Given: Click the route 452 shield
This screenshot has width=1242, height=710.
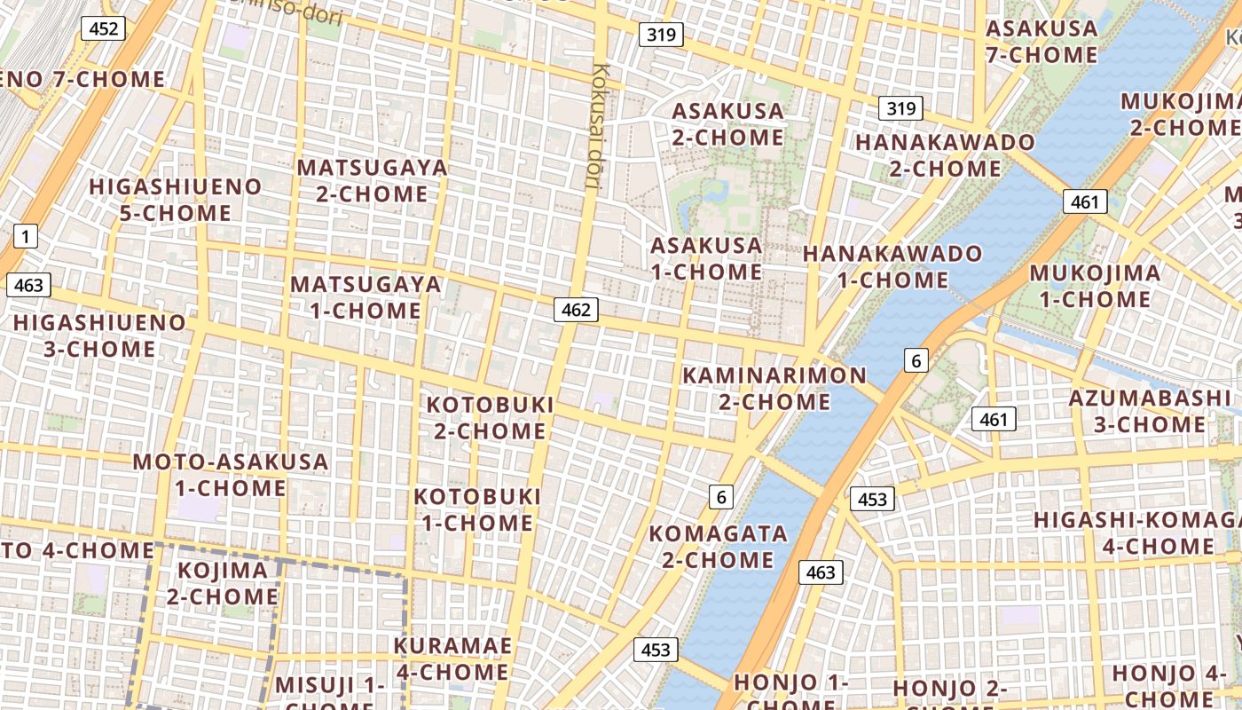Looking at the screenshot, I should click(103, 28).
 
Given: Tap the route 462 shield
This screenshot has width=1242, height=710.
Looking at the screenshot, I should click(576, 310).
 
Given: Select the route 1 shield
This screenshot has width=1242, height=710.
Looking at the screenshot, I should click(26, 236).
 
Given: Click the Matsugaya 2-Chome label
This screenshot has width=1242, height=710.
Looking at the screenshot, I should click(372, 180).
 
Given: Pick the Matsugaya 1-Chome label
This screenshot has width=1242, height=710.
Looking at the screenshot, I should click(366, 297).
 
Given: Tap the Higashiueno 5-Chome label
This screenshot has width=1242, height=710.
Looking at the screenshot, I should click(176, 200).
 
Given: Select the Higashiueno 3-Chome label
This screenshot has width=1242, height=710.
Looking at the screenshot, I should click(99, 335).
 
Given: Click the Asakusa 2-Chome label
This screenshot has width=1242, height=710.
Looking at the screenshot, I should click(728, 124).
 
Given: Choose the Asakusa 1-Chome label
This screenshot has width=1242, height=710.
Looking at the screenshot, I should click(706, 258).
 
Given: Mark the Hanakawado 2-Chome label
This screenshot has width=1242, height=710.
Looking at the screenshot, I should click(945, 154).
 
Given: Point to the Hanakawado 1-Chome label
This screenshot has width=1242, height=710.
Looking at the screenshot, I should click(892, 266).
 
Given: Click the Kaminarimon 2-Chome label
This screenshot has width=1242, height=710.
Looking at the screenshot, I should click(774, 388).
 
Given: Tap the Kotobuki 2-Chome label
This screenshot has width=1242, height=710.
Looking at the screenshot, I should click(490, 417).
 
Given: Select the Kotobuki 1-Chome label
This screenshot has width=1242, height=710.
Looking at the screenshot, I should click(477, 509).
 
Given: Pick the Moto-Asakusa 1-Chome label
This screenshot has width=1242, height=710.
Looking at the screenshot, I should click(231, 475).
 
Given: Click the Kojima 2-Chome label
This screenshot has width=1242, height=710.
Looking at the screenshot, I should click(223, 583).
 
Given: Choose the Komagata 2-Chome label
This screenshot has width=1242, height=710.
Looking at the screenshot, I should click(718, 546).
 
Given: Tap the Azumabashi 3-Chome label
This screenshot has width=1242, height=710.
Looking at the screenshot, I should click(1149, 411).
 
